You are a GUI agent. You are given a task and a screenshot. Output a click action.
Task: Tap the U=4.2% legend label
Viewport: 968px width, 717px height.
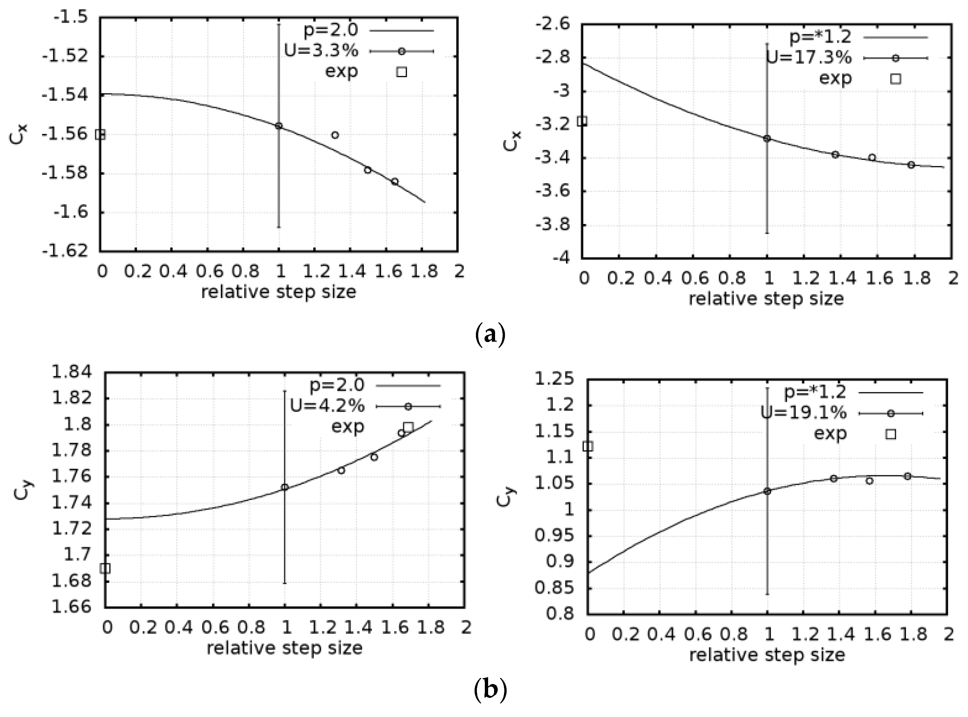click(327, 406)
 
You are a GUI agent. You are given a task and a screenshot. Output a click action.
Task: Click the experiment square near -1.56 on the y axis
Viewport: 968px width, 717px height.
click(100, 135)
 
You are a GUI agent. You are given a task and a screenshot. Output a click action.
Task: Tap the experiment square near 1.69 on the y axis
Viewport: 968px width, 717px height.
click(105, 568)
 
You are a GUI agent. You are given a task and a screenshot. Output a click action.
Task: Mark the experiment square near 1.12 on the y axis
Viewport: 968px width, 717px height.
click(587, 446)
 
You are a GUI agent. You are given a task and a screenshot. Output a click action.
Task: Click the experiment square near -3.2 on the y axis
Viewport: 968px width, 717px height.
click(582, 121)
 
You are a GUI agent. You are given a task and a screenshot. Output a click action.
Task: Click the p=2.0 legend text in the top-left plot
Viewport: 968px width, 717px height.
click(331, 30)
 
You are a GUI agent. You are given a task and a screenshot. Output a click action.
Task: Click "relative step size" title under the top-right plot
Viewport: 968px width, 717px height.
click(766, 299)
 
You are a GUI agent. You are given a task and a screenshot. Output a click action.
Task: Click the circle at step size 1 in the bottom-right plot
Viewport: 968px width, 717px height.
click(767, 491)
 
